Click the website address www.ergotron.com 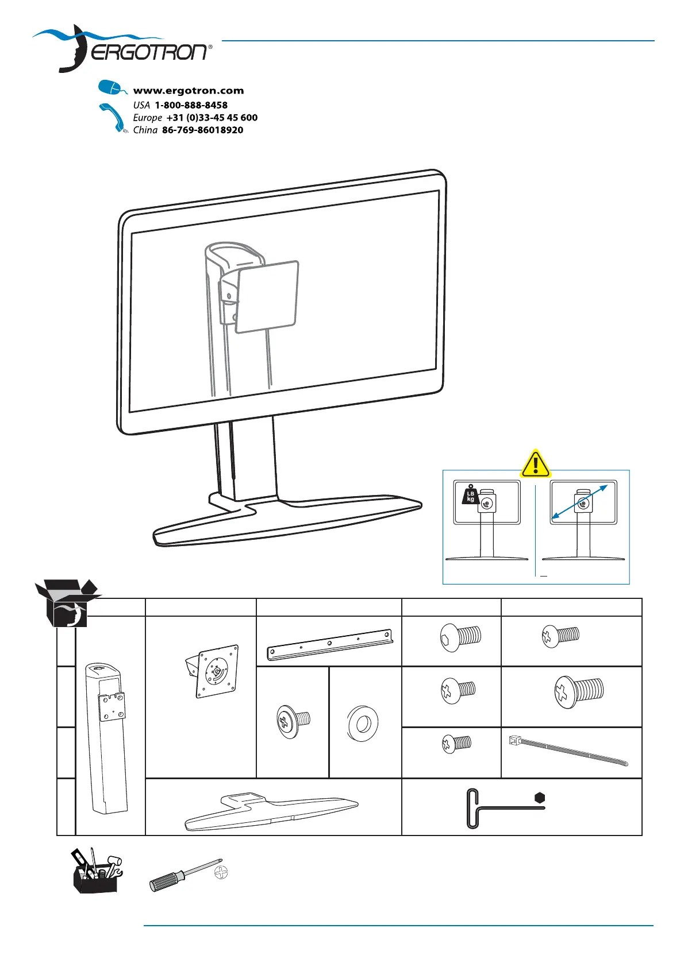click(x=188, y=91)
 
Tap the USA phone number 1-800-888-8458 click(x=191, y=105)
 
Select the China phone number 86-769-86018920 click(x=202, y=130)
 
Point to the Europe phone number click(x=212, y=118)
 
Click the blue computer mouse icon click(x=111, y=88)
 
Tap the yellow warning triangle click(x=535, y=463)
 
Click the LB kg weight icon click(x=470, y=496)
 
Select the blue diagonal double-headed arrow click(x=579, y=503)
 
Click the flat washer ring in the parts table click(x=363, y=723)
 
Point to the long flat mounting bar click(x=329, y=645)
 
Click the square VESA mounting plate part click(x=217, y=671)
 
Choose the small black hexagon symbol click(x=539, y=798)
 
